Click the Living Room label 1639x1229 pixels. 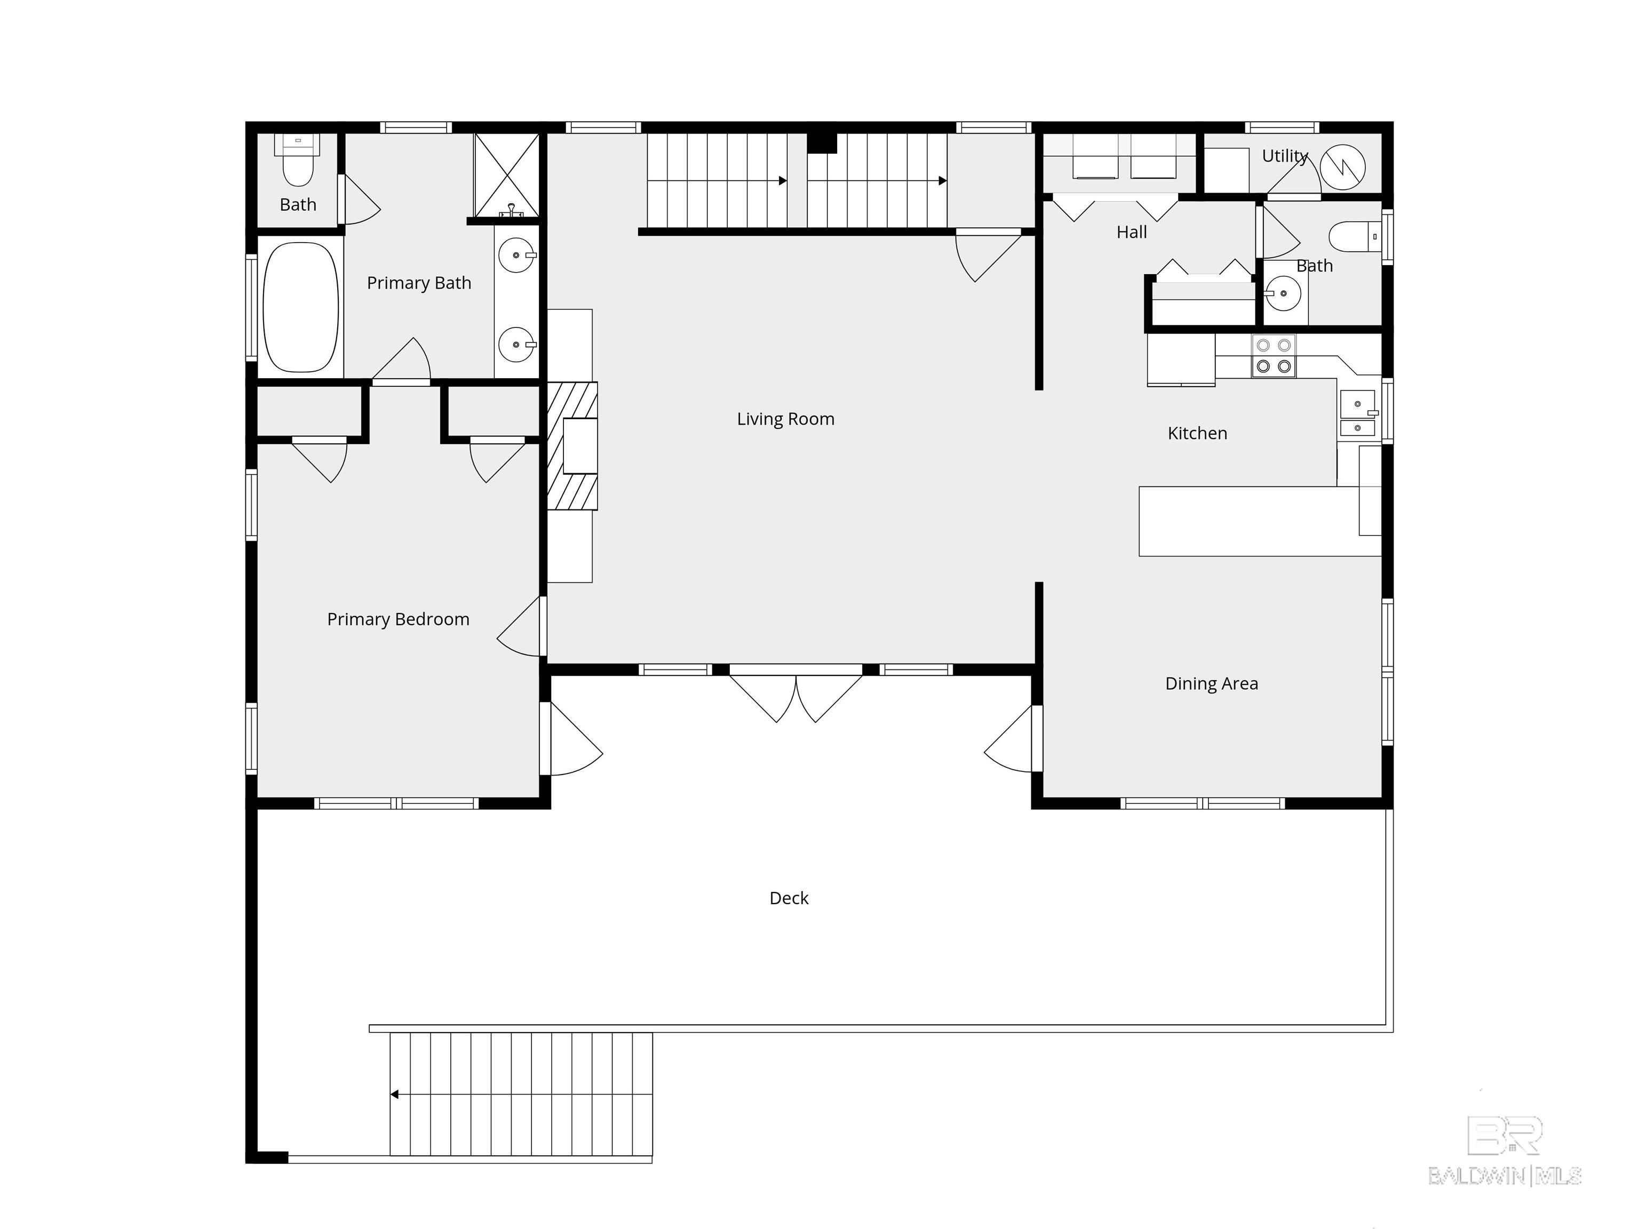coord(785,419)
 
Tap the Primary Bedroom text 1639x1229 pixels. coord(398,619)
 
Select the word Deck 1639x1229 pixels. coord(789,899)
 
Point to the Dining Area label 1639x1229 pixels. coord(1212,684)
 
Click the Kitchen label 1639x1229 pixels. coord(1197,433)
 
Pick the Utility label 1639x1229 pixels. coord(1285,156)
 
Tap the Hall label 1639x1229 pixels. coord(1132,233)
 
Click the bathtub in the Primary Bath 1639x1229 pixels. coord(301,307)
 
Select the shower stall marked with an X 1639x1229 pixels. coord(507,175)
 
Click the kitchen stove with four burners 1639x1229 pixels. coord(1274,356)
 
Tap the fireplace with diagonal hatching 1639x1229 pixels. coord(572,446)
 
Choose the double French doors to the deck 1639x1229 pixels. coord(796,693)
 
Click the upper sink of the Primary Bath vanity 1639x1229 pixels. coord(516,256)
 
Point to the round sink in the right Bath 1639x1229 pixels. coord(1283,293)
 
